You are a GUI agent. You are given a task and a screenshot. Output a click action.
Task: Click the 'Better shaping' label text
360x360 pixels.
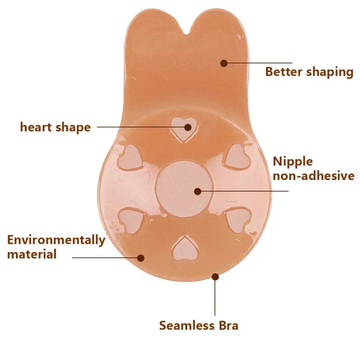pyautogui.click(x=309, y=72)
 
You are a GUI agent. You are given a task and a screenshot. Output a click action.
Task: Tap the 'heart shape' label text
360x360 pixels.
pyautogui.click(x=55, y=127)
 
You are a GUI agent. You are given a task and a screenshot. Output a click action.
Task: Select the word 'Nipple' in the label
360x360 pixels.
pyautogui.click(x=293, y=162)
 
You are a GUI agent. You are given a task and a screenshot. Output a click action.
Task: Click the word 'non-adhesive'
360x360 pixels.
pyautogui.click(x=314, y=176)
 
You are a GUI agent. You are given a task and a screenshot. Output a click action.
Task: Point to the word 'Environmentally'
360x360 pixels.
pyautogui.click(x=56, y=240)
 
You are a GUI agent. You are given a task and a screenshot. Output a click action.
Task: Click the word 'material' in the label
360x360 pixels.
pyautogui.click(x=32, y=254)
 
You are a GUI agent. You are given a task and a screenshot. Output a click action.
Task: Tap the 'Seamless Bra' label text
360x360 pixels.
pyautogui.click(x=199, y=325)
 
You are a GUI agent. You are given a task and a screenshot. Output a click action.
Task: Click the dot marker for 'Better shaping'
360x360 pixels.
pyautogui.click(x=224, y=63)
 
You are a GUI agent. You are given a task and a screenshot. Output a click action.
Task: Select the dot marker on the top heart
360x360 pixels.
pyautogui.click(x=188, y=127)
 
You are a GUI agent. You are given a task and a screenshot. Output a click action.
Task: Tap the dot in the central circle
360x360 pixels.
pyautogui.click(x=197, y=191)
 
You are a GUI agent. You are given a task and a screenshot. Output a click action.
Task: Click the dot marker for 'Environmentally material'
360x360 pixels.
pyautogui.click(x=141, y=258)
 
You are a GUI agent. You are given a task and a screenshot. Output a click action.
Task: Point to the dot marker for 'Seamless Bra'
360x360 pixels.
pyautogui.click(x=216, y=277)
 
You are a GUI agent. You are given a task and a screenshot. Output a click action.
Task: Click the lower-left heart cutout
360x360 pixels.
pyautogui.click(x=132, y=220)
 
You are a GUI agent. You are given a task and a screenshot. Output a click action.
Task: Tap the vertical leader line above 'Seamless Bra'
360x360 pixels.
pyautogui.click(x=216, y=297)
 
